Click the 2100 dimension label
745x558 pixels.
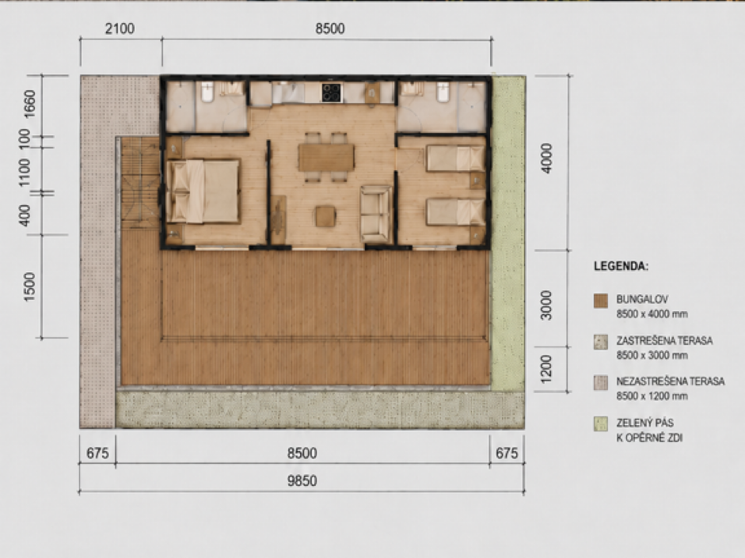click(120, 28)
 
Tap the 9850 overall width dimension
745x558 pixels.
click(302, 481)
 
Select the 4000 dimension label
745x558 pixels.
click(547, 158)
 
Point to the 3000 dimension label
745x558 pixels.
click(547, 305)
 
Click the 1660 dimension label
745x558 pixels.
click(29, 104)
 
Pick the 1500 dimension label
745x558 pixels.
click(29, 287)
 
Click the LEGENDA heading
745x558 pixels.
click(621, 266)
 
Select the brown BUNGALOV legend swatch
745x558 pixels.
click(601, 301)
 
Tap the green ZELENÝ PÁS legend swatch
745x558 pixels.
click(601, 423)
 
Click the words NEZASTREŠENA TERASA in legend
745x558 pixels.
click(671, 381)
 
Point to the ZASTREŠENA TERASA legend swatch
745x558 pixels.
click(601, 342)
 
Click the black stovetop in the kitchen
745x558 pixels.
click(331, 93)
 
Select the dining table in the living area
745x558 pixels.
click(326, 158)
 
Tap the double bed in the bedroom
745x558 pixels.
click(203, 192)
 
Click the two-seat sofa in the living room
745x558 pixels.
click(376, 214)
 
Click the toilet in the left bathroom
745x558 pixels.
click(207, 92)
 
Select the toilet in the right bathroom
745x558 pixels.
click(443, 92)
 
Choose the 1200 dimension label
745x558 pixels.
click(547, 369)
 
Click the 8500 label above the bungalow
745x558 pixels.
click(329, 28)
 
